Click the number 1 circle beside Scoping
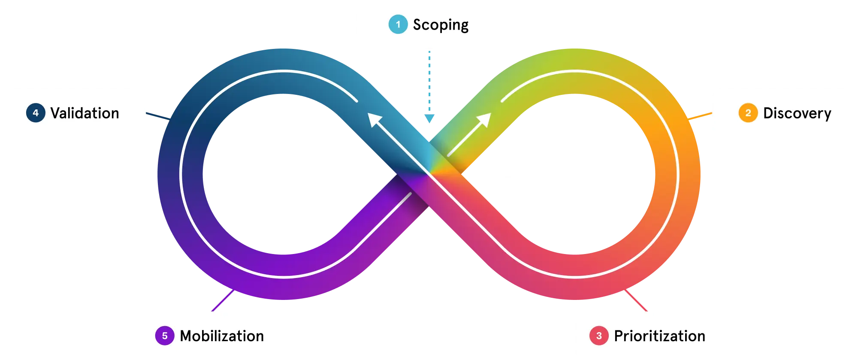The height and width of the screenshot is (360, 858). (398, 24)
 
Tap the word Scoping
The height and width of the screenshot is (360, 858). (441, 25)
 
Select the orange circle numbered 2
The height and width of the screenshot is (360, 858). (748, 113)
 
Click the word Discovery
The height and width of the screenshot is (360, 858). (797, 113)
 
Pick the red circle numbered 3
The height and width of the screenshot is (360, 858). (599, 336)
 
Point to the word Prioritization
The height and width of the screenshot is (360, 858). (659, 336)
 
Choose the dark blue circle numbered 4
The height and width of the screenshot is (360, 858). (36, 113)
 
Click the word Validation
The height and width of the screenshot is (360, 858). (85, 113)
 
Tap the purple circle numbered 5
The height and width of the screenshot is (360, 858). (165, 336)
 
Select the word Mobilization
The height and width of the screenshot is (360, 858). (222, 336)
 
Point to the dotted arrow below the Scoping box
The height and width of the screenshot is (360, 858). (429, 86)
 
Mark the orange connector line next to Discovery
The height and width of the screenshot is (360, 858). (700, 115)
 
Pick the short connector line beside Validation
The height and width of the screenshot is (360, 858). (157, 115)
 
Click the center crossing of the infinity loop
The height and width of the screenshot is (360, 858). (429, 174)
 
